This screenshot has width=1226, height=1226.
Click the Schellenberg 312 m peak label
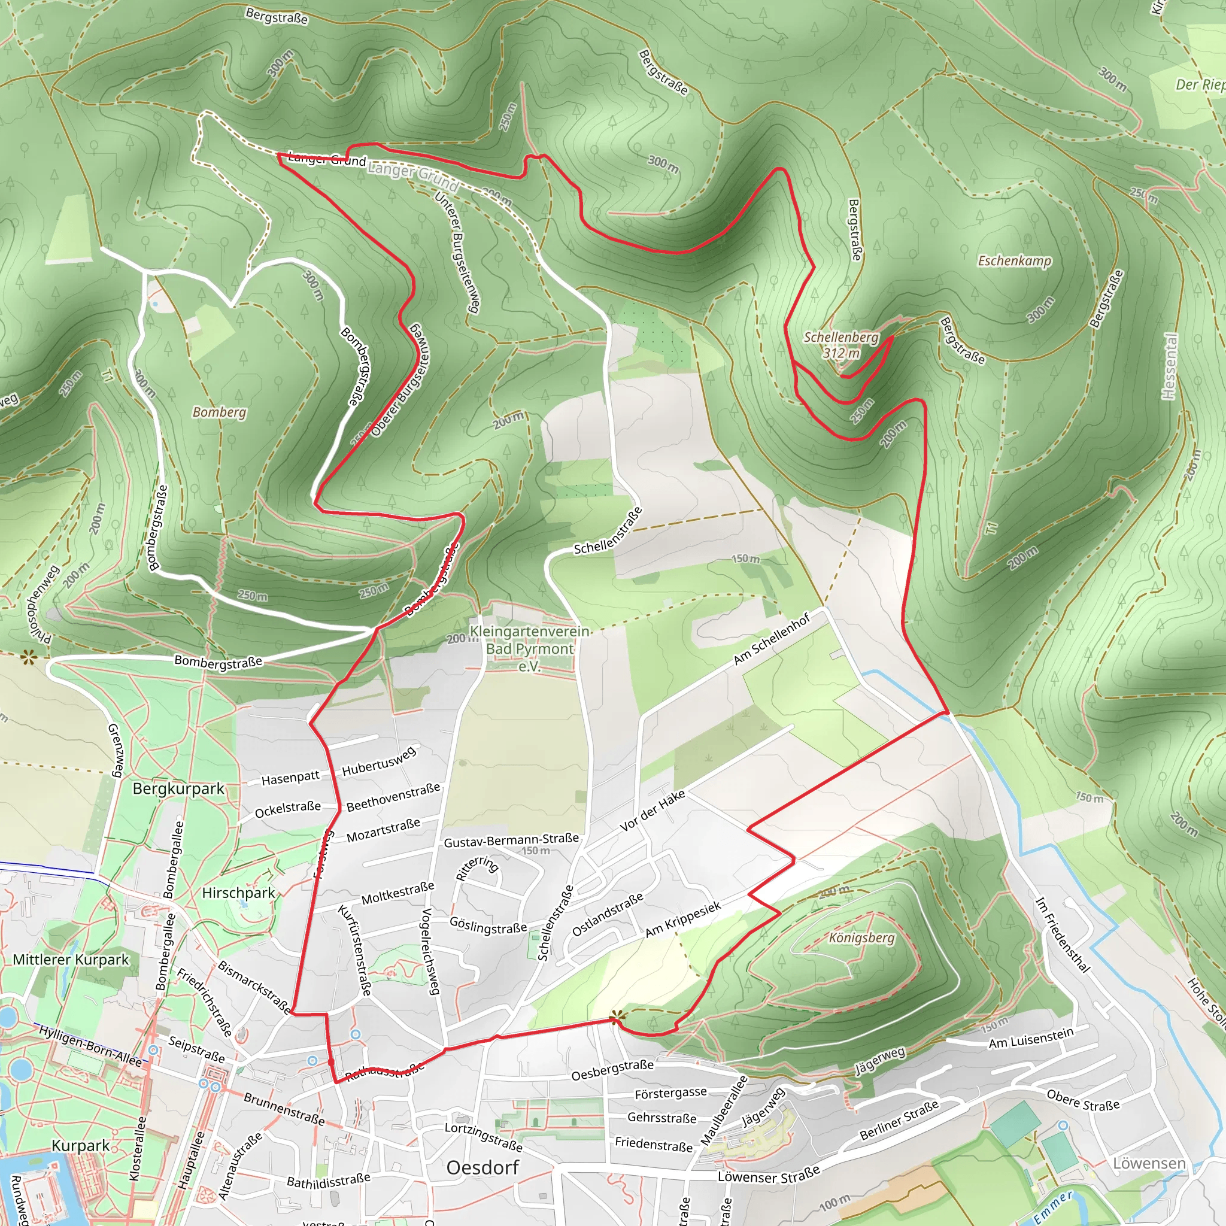841,345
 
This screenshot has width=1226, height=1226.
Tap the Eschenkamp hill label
1014,261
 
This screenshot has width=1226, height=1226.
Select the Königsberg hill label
862,938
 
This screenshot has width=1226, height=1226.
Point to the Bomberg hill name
220,412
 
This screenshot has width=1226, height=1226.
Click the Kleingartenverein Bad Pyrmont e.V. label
529,648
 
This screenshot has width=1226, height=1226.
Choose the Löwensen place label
1149,1163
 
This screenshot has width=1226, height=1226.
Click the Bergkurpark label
178,789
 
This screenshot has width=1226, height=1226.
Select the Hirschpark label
239,893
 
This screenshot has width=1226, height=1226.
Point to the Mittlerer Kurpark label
71,960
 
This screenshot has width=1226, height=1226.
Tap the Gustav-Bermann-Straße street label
511,841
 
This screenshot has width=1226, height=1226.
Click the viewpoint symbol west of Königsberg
615,1019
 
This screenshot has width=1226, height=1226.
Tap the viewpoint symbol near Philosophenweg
28,657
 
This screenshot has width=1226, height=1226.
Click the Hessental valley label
1169,367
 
